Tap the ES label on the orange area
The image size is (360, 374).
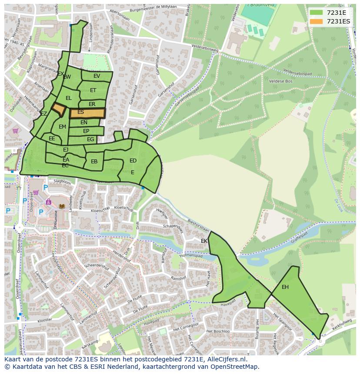click(80, 112)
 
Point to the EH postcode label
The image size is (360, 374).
click(285, 287)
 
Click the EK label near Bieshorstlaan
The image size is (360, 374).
click(204, 241)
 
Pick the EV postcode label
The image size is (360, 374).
click(97, 76)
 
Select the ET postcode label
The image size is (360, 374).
click(93, 90)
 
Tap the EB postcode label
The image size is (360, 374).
click(94, 162)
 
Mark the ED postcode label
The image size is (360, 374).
click(133, 161)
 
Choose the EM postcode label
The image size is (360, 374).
click(62, 127)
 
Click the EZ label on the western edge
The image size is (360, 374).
click(43, 114)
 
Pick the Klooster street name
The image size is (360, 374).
click(45, 320)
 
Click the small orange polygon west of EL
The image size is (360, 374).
click(58, 109)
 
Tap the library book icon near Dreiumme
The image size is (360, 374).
click(62, 206)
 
